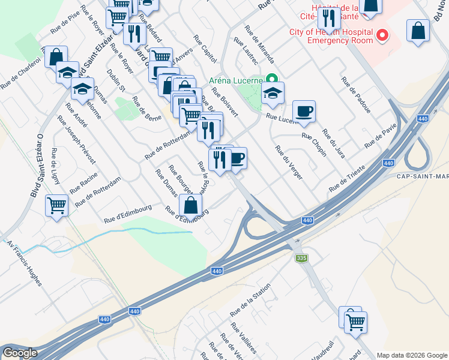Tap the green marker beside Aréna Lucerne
pyautogui.click(x=272, y=79)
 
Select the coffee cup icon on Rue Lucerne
pyautogui.click(x=304, y=110)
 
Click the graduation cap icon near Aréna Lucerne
pyautogui.click(x=273, y=93)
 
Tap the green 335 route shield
pyautogui.click(x=301, y=258)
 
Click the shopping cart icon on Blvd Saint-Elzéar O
pyautogui.click(x=57, y=206)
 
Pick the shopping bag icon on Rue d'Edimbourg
pyautogui.click(x=190, y=205)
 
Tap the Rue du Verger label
pyautogui.click(x=289, y=163)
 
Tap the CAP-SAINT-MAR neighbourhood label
pyautogui.click(x=423, y=176)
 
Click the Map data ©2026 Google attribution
pyautogui.click(x=411, y=355)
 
